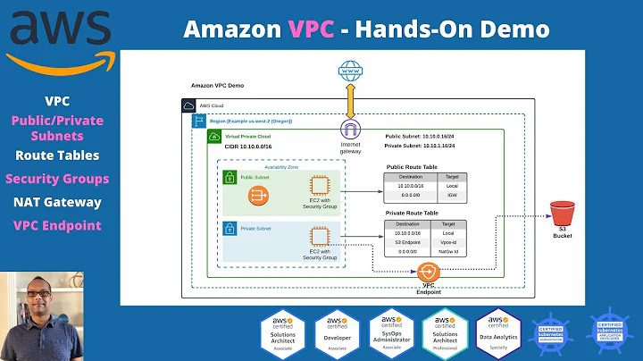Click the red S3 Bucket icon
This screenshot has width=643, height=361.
[x=560, y=214]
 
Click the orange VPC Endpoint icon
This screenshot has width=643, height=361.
[x=427, y=272]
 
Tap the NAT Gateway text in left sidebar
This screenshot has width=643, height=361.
[x=56, y=202]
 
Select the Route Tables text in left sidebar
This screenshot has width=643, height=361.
[x=56, y=156]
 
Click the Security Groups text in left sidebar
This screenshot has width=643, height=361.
[x=56, y=179]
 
